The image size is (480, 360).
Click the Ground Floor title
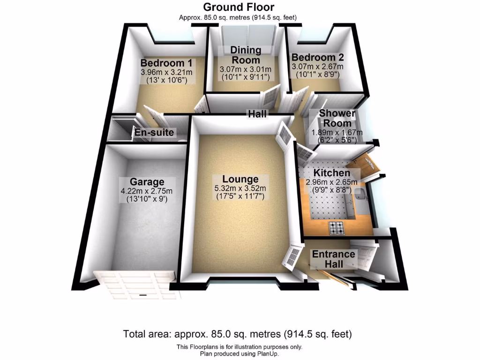pyautogui.click(x=239, y=7)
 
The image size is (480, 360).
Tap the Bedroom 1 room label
pyautogui.click(x=166, y=63)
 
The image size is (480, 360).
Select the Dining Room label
pyautogui.click(x=246, y=55)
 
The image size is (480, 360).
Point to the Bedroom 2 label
pyautogui.click(x=317, y=58)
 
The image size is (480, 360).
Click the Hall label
pyautogui.click(x=257, y=114)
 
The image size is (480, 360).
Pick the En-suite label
pyautogui.click(x=154, y=133)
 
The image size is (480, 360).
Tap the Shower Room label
pyautogui.click(x=337, y=118)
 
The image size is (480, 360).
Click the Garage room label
pyautogui.click(x=147, y=182)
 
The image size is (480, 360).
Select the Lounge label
pyautogui.click(x=240, y=179)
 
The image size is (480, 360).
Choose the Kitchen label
pyautogui.click(x=331, y=173)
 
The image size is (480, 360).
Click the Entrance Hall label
pyautogui.click(x=333, y=259)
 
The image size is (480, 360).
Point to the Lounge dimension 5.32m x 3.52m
pyautogui.click(x=240, y=188)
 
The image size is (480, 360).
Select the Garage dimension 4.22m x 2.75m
pyautogui.click(x=147, y=191)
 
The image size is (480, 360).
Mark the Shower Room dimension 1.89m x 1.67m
pyautogui.click(x=337, y=133)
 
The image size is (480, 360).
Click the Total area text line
pyautogui.click(x=238, y=334)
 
